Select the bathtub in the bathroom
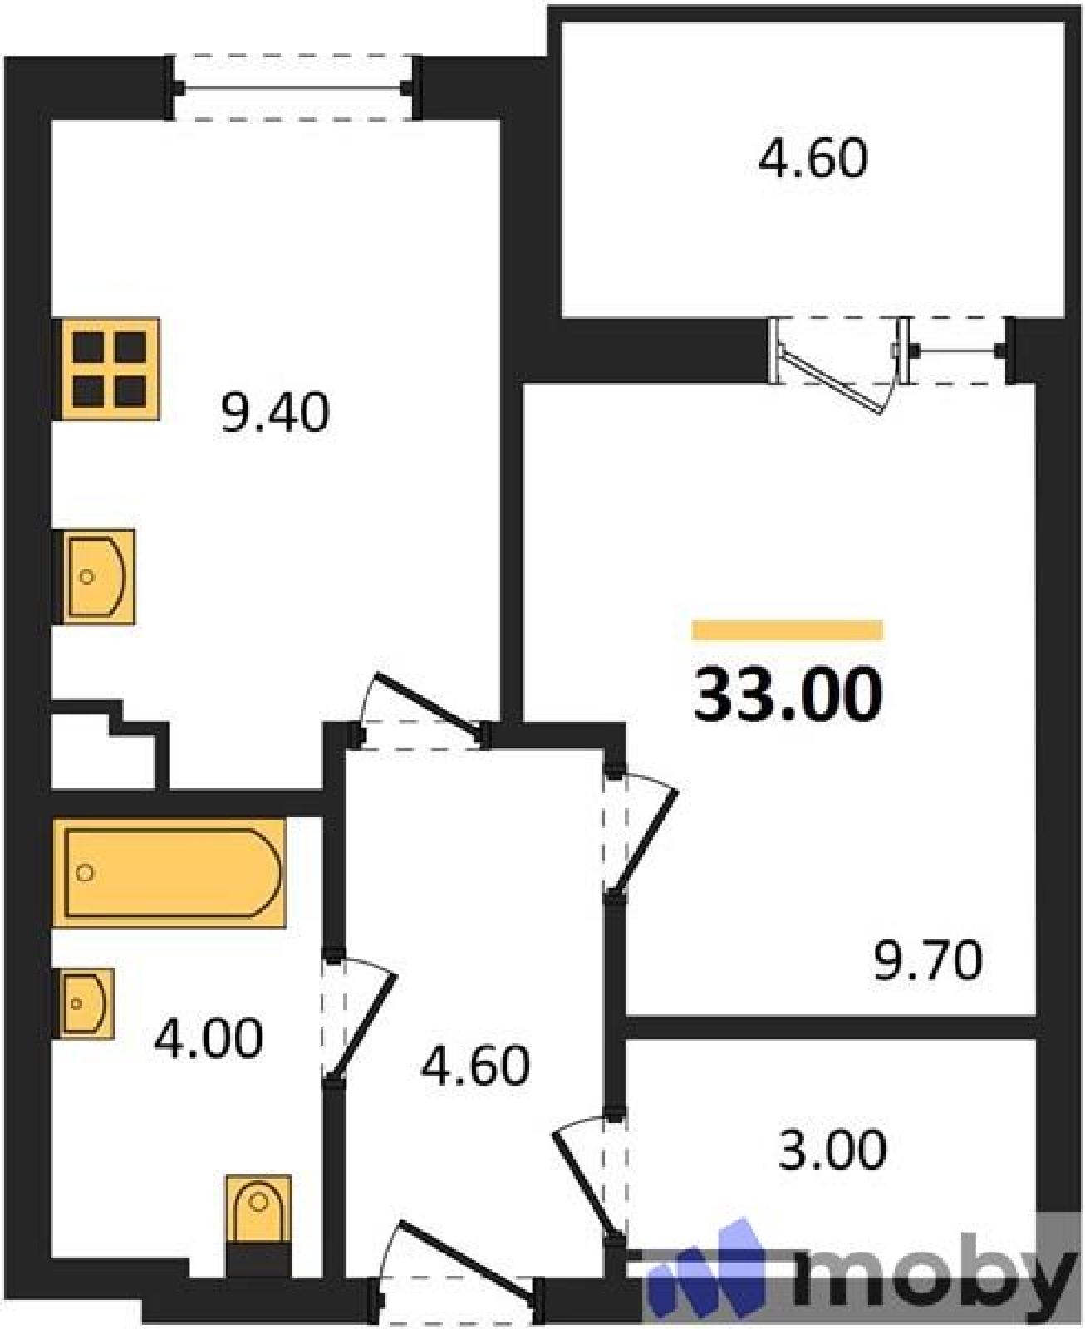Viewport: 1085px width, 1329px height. pyautogui.click(x=170, y=873)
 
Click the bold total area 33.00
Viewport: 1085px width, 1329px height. pyautogui.click(x=788, y=696)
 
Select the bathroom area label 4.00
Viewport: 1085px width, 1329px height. pyautogui.click(x=208, y=1039)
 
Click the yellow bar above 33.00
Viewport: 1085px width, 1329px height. pyautogui.click(x=788, y=630)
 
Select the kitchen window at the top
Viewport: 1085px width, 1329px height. pyautogui.click(x=294, y=88)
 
